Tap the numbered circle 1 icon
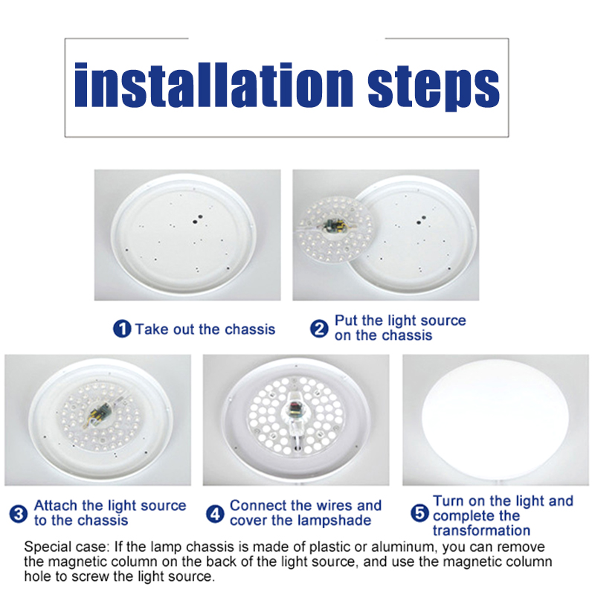(122, 329)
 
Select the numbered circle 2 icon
(319, 329)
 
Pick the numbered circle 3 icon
(18, 514)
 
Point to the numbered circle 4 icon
(215, 514)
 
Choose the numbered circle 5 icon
(419, 513)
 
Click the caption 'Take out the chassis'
(205, 329)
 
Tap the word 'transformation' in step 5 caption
(481, 530)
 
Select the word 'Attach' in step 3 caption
(56, 506)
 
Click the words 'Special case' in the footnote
(67, 547)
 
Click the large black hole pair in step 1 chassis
(197, 219)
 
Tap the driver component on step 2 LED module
(334, 226)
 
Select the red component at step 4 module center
(294, 408)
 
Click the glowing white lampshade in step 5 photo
(495, 419)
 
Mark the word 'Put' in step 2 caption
(346, 321)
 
